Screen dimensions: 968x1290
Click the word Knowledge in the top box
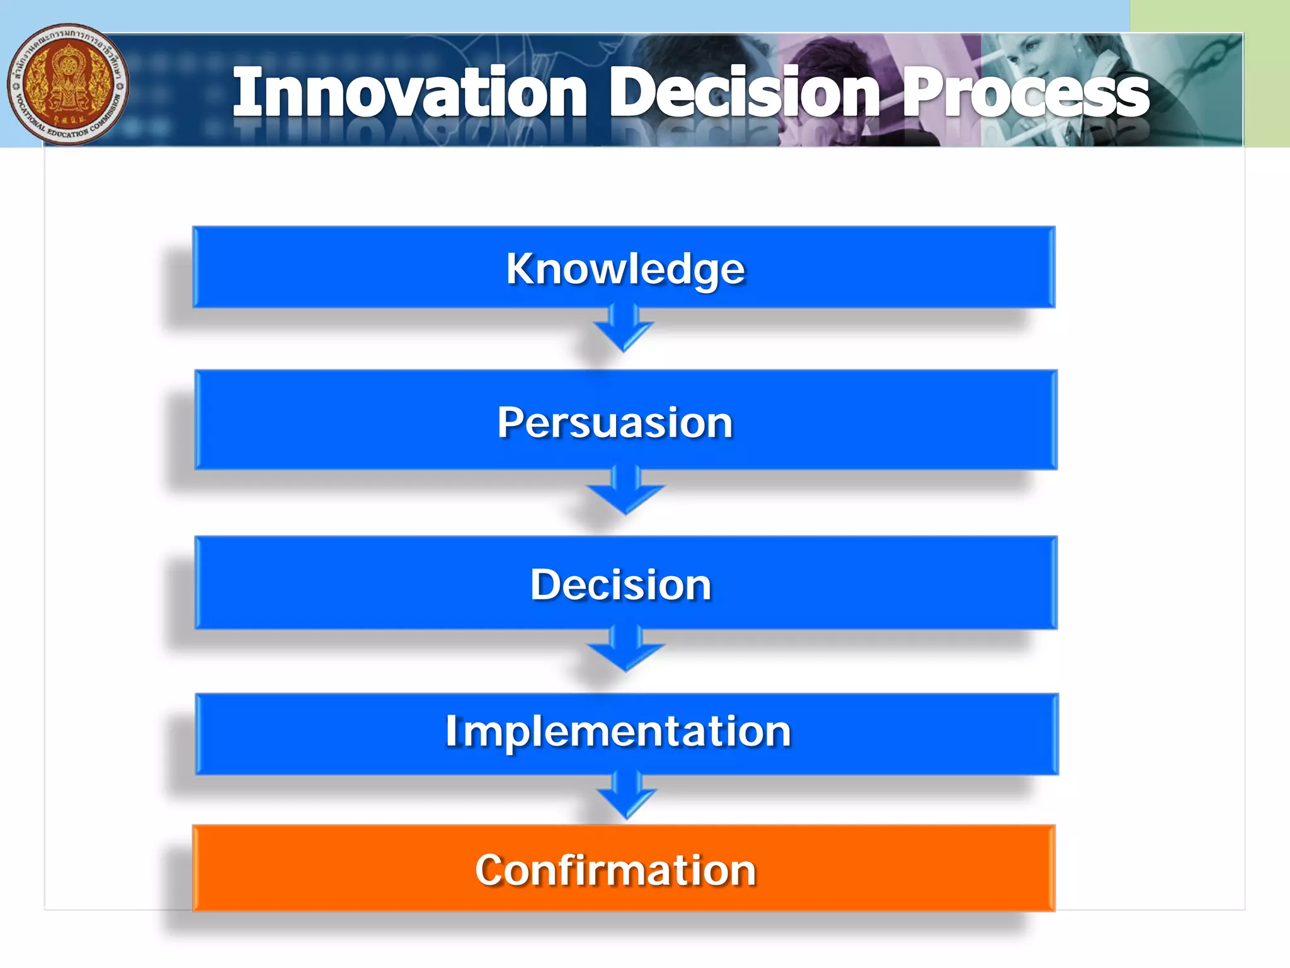pos(625,269)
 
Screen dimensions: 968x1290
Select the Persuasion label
pos(615,422)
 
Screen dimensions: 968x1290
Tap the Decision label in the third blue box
pos(620,585)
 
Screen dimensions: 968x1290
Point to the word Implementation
pos(617,731)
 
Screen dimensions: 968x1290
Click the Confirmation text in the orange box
pos(615,870)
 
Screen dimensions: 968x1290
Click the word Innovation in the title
pos(409,93)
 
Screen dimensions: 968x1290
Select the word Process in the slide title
pos(1025,93)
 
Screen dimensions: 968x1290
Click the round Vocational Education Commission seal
pos(68,84)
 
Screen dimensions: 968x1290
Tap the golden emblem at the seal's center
pos(66,82)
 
